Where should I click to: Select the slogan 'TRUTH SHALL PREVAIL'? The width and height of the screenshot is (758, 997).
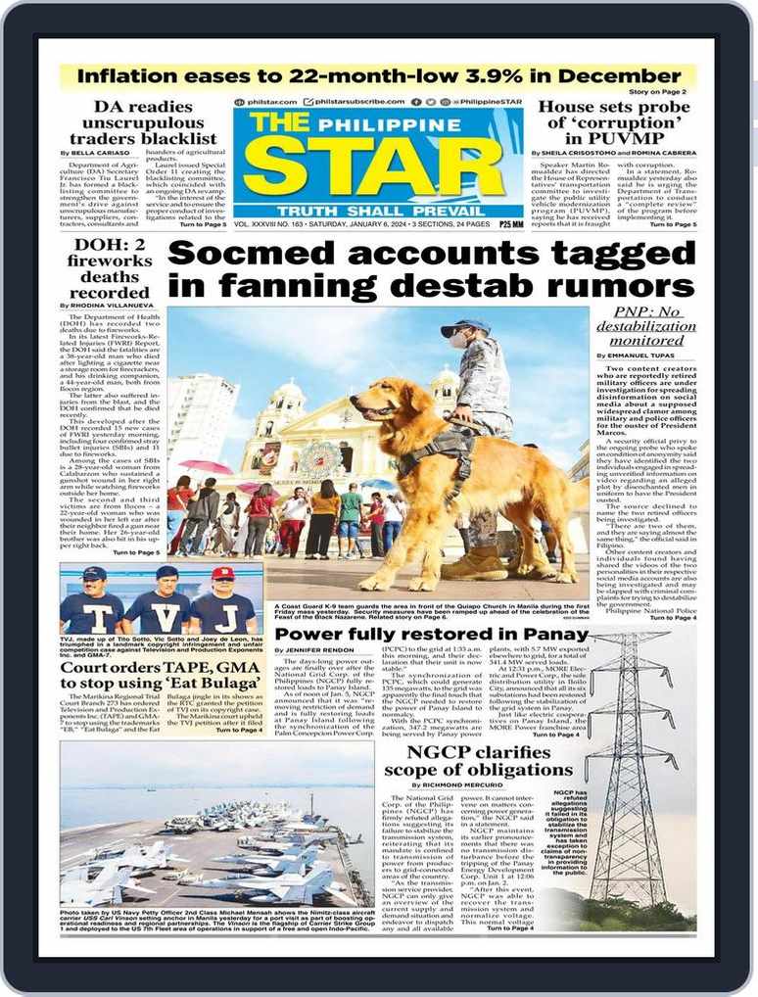tap(378, 211)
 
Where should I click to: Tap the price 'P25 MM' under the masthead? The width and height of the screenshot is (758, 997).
tap(510, 224)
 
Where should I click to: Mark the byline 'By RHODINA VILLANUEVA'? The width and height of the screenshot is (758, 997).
tap(106, 306)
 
